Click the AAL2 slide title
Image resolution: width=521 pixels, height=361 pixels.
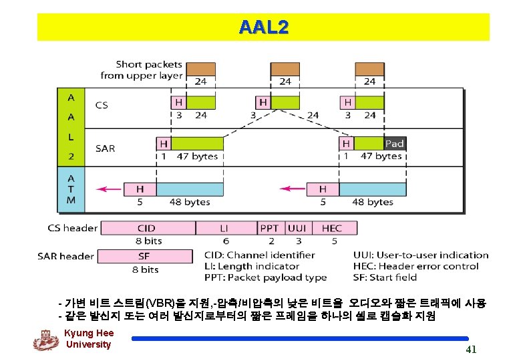tap(263, 27)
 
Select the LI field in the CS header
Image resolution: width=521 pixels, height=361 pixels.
tap(226, 228)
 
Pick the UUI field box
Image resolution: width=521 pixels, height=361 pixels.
tap(297, 228)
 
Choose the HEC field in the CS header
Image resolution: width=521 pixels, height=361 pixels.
tap(333, 228)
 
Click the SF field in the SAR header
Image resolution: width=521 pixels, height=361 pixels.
tap(144, 256)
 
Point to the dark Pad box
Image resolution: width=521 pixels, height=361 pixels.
tap(395, 144)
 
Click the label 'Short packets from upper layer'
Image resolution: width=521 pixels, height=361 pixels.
tap(141, 70)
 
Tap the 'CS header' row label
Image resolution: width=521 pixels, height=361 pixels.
tap(73, 228)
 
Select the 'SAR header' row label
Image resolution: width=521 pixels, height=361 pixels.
tap(65, 256)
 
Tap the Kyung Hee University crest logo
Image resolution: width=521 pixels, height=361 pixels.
tap(46, 340)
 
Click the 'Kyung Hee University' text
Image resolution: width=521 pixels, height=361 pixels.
tap(89, 339)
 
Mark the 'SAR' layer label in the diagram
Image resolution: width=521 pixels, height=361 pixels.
tap(106, 148)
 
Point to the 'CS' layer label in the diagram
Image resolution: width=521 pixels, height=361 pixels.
tap(102, 105)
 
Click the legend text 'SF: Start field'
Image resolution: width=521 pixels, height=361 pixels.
tap(385, 277)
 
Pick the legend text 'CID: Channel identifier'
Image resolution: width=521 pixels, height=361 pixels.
tap(259, 255)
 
